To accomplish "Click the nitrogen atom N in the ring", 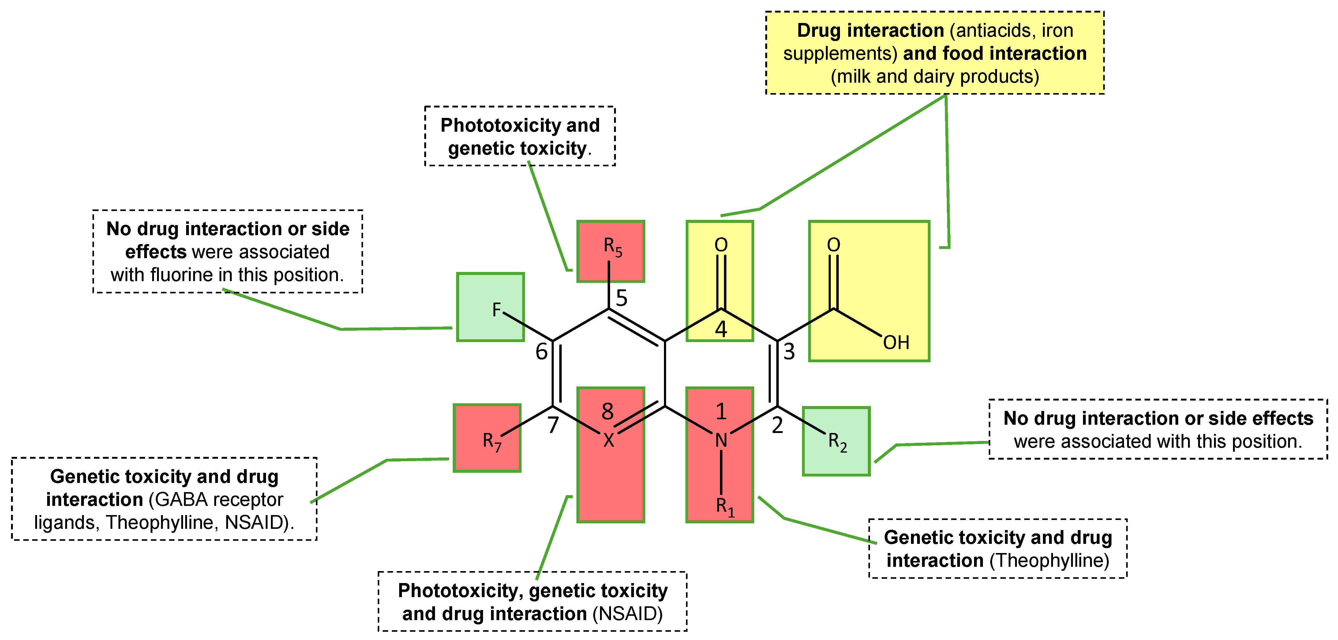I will coord(721,441).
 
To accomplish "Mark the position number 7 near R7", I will coord(553,425).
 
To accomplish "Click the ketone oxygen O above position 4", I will coord(721,245).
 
